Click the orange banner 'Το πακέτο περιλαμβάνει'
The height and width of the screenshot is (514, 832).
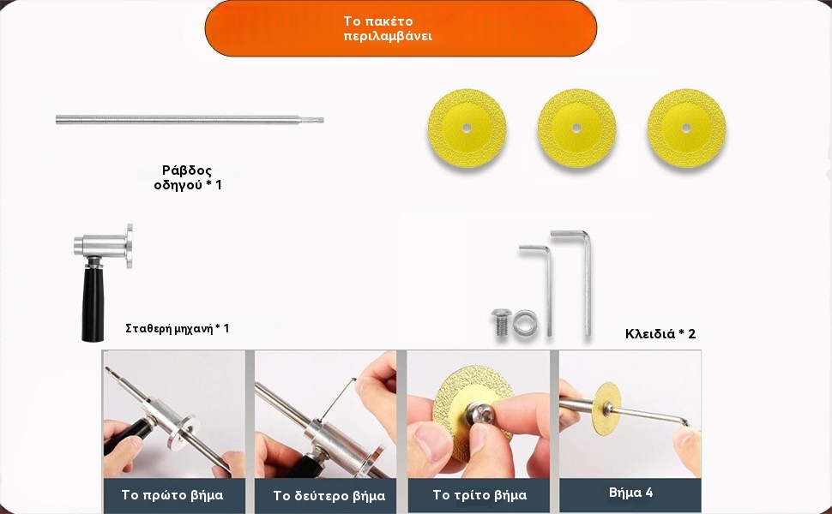pyautogui.click(x=401, y=28)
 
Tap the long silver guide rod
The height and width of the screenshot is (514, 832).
pyautogui.click(x=190, y=120)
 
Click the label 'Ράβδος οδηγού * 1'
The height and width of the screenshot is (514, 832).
pyautogui.click(x=188, y=177)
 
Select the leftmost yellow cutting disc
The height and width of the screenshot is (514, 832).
pyautogui.click(x=467, y=128)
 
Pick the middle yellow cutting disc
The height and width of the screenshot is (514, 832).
pyautogui.click(x=576, y=128)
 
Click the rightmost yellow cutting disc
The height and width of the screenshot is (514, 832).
pyautogui.click(x=686, y=128)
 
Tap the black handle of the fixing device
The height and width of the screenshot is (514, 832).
pyautogui.click(x=93, y=302)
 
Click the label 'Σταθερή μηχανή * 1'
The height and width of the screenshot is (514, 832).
pyautogui.click(x=178, y=329)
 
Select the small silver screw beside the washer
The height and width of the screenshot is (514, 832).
pyautogui.click(x=502, y=322)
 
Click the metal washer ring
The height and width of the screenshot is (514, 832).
pyautogui.click(x=525, y=323)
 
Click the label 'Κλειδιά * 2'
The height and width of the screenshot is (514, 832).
pyautogui.click(x=660, y=334)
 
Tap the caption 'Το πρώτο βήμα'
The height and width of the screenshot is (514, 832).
pyautogui.click(x=172, y=495)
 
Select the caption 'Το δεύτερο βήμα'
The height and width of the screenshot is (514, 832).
pyautogui.click(x=329, y=496)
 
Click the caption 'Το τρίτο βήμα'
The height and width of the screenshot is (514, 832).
pyautogui.click(x=479, y=495)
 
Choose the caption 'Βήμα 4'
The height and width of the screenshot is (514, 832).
pyautogui.click(x=631, y=493)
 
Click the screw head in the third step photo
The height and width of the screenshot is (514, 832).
pyautogui.click(x=480, y=413)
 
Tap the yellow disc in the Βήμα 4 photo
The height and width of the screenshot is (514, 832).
pyautogui.click(x=606, y=409)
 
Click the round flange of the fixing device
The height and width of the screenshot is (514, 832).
pyautogui.click(x=129, y=246)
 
